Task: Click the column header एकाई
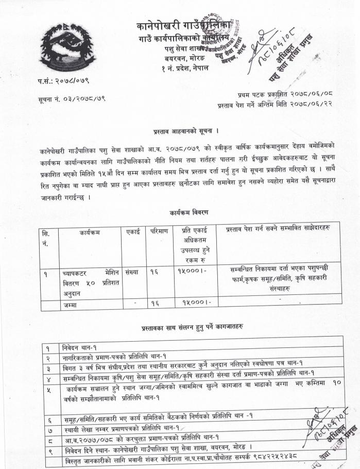pos(132,232)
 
